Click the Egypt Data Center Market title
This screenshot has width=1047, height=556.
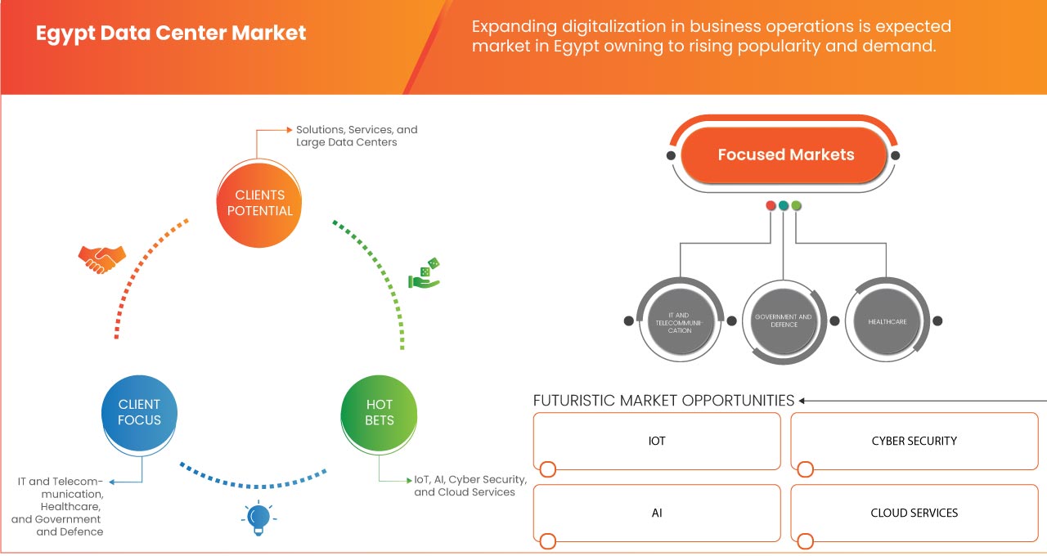point(171,34)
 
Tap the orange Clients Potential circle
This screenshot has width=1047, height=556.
point(259,203)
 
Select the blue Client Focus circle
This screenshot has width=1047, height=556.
point(139,412)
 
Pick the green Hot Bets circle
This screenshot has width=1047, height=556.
point(379,412)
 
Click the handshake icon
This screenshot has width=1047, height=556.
point(101,259)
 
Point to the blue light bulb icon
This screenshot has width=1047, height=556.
point(258,518)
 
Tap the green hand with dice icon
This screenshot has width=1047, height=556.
point(425,275)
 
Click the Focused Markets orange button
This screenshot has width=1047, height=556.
point(785,155)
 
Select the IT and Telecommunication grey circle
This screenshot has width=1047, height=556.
point(678,321)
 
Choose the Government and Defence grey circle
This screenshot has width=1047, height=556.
point(783,321)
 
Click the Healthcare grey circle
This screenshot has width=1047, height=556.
point(887,321)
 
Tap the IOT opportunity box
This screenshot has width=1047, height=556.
point(657,442)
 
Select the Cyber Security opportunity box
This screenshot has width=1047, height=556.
point(914,442)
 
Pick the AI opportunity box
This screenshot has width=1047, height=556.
point(657,513)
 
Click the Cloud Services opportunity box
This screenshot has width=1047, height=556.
point(914,513)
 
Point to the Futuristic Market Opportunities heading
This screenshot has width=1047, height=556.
point(663,401)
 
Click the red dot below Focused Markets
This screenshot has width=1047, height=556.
point(771,205)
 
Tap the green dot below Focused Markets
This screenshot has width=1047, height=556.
point(797,205)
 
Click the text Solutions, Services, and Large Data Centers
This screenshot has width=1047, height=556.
point(357,136)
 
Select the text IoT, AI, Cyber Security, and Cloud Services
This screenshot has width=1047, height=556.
point(470,486)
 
